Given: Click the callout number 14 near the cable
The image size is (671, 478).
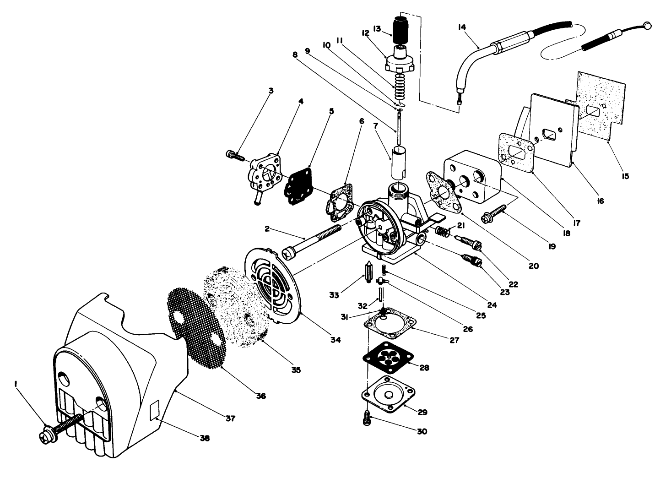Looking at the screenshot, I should [461, 27].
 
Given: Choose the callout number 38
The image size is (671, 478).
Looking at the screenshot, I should [205, 438].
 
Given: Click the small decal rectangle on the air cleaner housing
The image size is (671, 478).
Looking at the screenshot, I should [155, 409].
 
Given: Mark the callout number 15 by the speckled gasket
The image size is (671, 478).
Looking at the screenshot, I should [625, 175].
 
